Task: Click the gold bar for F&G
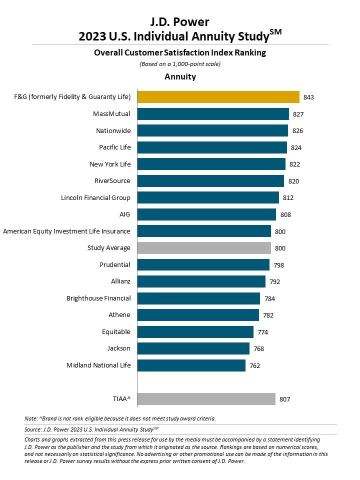(218, 97)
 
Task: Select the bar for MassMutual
(213, 114)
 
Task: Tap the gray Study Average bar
(204, 248)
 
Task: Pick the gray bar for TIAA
(206, 399)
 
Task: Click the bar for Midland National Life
(191, 365)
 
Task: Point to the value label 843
(308, 97)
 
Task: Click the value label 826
(298, 131)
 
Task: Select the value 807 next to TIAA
(285, 399)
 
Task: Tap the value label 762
(255, 365)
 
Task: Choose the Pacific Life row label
(114, 147)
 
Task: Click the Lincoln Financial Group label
(95, 197)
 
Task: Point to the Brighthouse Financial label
(98, 298)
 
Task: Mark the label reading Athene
(119, 315)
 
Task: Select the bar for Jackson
(193, 348)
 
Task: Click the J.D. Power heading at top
(180, 22)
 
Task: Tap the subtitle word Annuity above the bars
(180, 77)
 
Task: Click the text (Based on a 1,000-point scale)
(180, 64)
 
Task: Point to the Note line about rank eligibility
(120, 418)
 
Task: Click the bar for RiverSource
(210, 181)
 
